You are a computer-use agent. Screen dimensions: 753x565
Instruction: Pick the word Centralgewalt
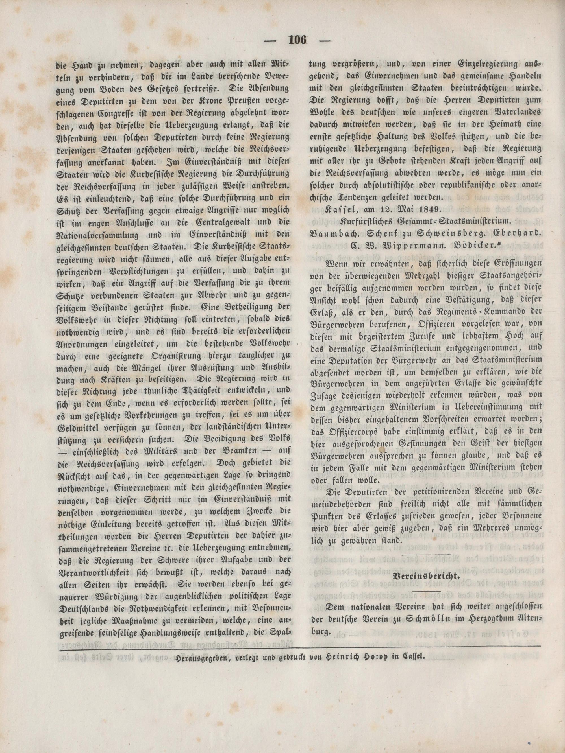pos(227,222)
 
